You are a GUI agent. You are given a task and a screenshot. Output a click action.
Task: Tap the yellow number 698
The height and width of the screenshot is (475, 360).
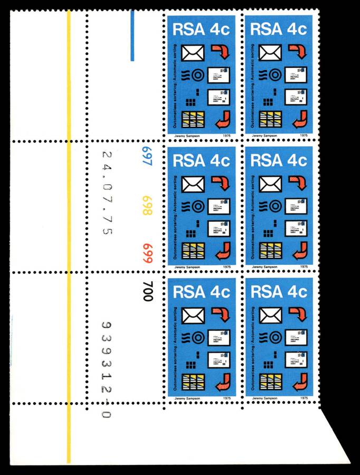(x=146, y=205)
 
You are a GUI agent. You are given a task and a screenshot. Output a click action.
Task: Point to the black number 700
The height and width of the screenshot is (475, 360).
(x=147, y=291)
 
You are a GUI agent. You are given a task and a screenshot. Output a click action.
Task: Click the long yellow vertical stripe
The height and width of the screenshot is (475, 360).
(x=68, y=237)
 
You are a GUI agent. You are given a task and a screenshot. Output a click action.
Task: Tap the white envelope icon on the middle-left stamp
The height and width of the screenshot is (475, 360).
(x=193, y=184)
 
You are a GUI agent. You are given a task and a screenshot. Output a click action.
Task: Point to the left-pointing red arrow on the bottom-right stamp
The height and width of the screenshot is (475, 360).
(x=299, y=380)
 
